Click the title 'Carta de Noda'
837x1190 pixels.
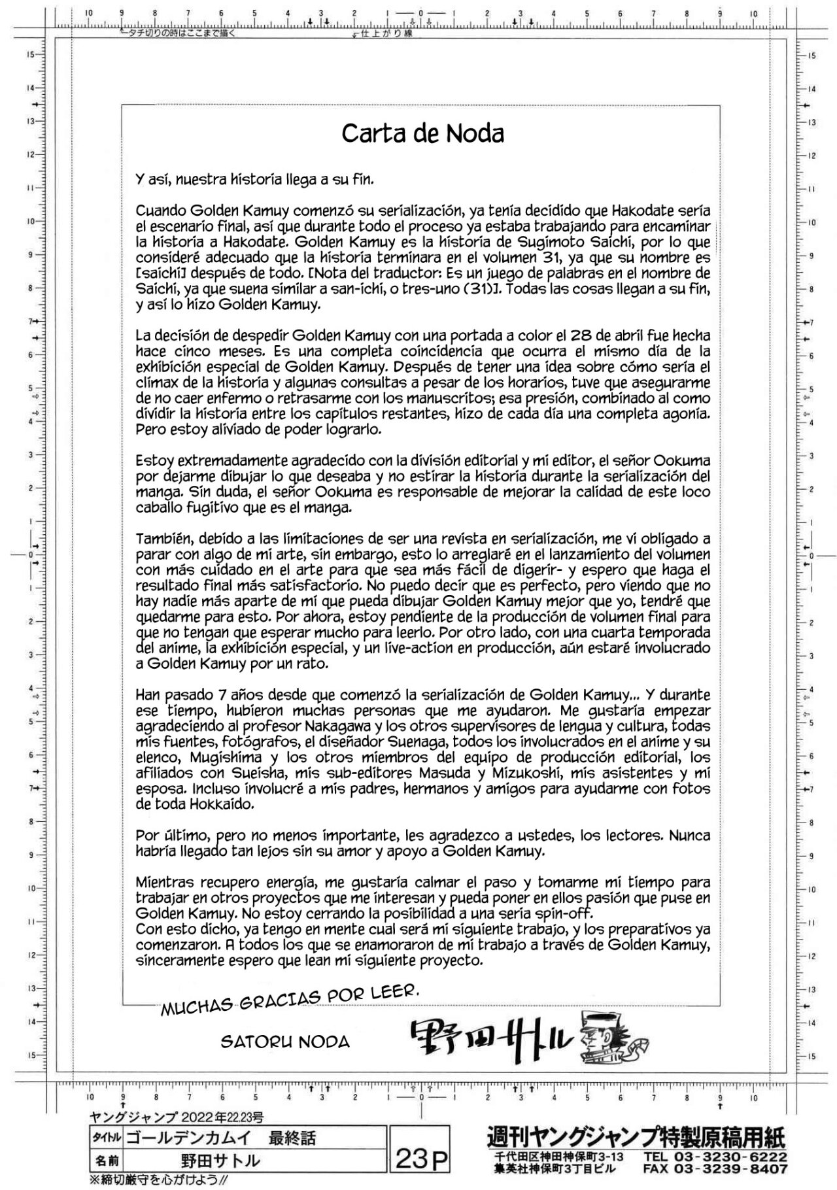tap(422, 134)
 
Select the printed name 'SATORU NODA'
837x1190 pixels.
tap(284, 1042)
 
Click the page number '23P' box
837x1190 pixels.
tap(422, 1159)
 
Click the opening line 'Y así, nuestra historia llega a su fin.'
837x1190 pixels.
tap(255, 179)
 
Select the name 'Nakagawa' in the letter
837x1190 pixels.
tap(336, 726)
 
